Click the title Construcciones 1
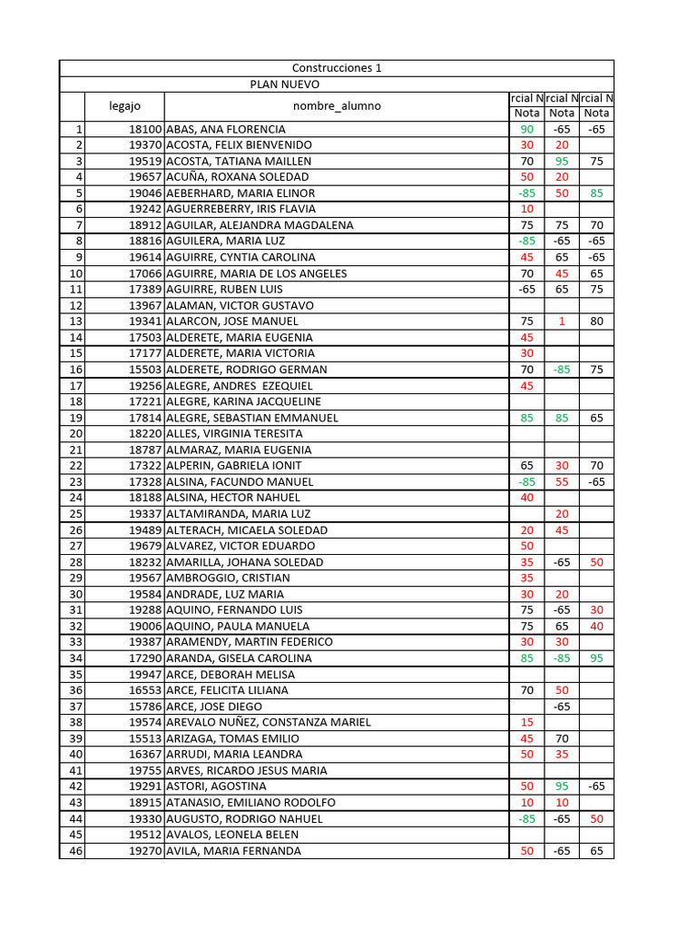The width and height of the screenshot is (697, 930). tap(337, 68)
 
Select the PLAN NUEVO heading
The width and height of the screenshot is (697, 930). tap(285, 84)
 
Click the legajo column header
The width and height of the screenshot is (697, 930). tap(124, 105)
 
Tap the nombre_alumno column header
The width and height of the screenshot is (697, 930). tap(337, 105)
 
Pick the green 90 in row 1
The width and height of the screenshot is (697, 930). tap(526, 129)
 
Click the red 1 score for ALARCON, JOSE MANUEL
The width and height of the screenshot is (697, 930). tap(562, 322)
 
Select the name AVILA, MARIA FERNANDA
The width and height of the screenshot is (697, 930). tap(234, 851)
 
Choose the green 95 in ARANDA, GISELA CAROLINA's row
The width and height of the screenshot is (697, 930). tap(596, 658)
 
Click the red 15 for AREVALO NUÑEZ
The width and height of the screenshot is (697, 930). tap(526, 722)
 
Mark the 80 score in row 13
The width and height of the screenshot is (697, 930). tap(596, 322)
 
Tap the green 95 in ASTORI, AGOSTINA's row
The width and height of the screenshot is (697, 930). tap(562, 787)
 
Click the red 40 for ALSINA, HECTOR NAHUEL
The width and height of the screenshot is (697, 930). tap(526, 498)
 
